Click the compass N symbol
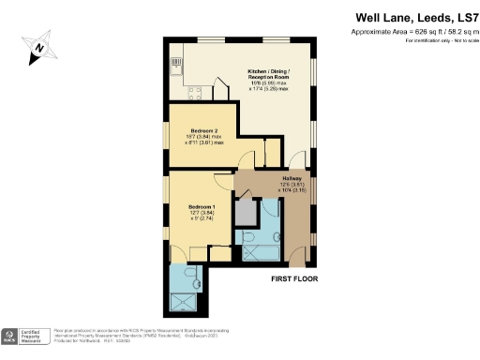tap(38, 44)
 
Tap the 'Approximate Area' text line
tap(412, 32)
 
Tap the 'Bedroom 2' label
tap(203, 130)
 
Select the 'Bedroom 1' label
tap(202, 205)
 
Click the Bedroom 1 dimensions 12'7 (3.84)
tap(202, 213)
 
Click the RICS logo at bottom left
tap(10, 337)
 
